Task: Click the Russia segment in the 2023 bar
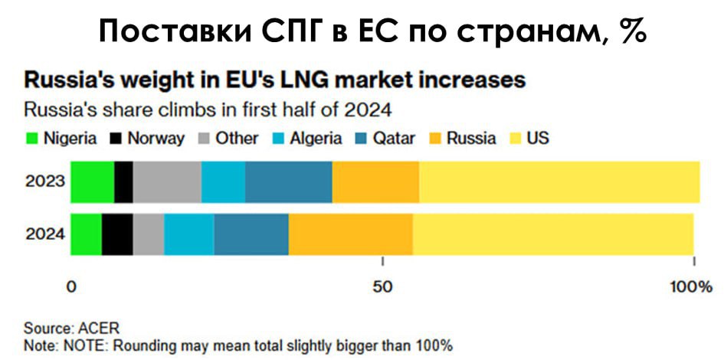click(375, 182)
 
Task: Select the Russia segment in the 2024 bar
click(350, 234)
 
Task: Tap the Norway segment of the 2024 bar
click(117, 234)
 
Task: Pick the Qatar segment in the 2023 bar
click(288, 182)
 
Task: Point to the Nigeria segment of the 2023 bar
click(92, 182)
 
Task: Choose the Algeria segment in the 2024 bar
click(188, 234)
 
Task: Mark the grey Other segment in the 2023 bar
click(167, 182)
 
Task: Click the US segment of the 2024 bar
click(552, 234)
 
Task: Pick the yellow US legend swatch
click(515, 139)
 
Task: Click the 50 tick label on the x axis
click(382, 287)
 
